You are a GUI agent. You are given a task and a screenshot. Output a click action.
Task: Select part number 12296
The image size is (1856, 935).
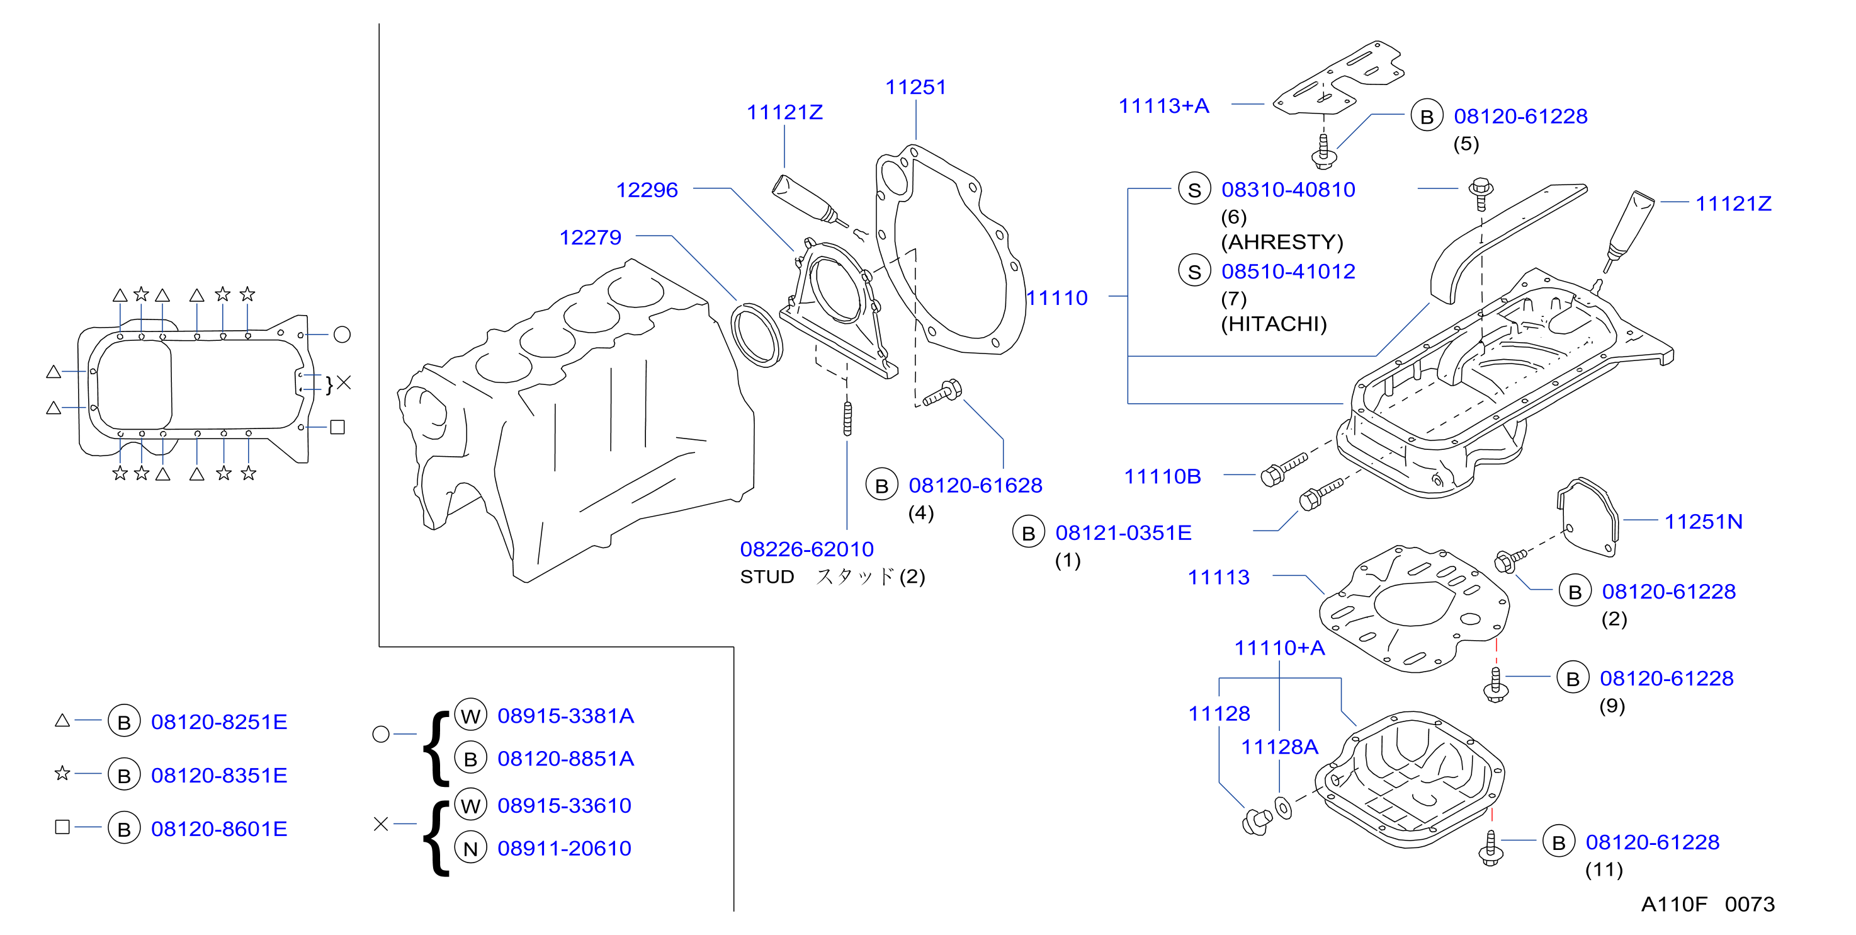pyautogui.click(x=647, y=190)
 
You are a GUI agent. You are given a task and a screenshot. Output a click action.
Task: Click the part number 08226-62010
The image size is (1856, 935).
pyautogui.click(x=806, y=549)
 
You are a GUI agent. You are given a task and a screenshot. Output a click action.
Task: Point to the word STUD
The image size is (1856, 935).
pyautogui.click(x=767, y=576)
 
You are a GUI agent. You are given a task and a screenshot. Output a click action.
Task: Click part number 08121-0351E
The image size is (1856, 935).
pyautogui.click(x=1123, y=533)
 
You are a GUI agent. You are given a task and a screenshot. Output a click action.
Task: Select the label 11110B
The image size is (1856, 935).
pyautogui.click(x=1162, y=476)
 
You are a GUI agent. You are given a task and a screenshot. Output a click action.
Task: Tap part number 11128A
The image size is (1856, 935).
pyautogui.click(x=1279, y=747)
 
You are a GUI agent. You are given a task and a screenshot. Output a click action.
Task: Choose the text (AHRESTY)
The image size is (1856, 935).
pyautogui.click(x=1282, y=242)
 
